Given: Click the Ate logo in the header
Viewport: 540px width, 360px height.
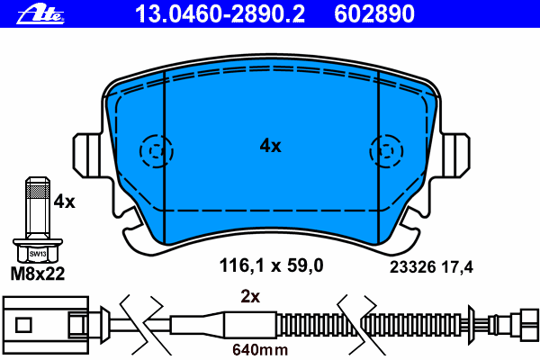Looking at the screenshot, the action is pyautogui.click(x=40, y=14).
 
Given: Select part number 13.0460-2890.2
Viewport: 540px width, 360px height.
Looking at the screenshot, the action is pyautogui.click(x=220, y=13).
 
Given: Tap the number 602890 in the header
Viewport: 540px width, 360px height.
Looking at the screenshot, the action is pyautogui.click(x=374, y=13).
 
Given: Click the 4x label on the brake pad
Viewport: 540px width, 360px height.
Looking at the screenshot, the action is pyautogui.click(x=270, y=146).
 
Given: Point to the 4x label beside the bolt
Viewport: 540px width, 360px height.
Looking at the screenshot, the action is pyautogui.click(x=65, y=202).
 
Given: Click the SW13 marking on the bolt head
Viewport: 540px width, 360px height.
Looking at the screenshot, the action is pyautogui.click(x=38, y=254).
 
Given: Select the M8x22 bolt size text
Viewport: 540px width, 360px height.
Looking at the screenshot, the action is pyautogui.click(x=38, y=274).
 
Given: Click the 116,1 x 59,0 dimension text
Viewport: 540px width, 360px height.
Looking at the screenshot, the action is pyautogui.click(x=272, y=265).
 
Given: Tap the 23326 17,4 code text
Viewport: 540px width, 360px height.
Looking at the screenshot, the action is pyautogui.click(x=431, y=267).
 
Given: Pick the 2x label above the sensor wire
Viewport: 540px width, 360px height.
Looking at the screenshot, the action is pyautogui.click(x=250, y=296).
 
